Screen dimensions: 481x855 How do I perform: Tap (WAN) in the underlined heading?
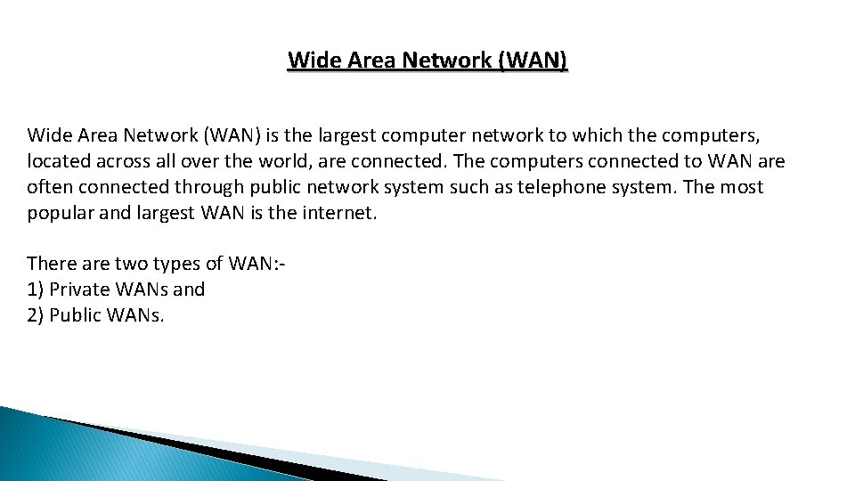[x=533, y=61]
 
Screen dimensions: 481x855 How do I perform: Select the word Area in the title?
[x=365, y=61]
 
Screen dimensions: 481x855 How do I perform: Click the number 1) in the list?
[x=36, y=289]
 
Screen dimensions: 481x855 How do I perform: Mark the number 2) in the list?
[x=36, y=315]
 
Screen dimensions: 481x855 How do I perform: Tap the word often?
[x=51, y=187]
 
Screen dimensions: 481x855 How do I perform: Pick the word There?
[x=53, y=264]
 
